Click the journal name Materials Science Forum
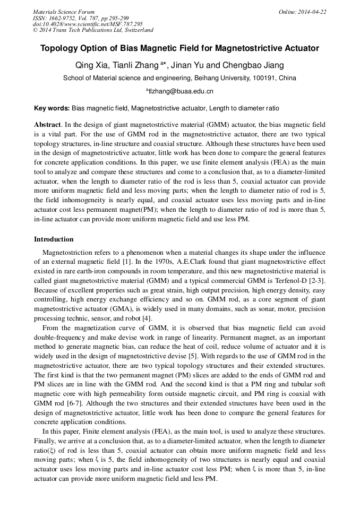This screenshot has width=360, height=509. [64, 12]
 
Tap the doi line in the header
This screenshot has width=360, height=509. [88, 24]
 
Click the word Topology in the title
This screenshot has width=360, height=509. [59, 48]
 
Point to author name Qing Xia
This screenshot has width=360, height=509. [93, 65]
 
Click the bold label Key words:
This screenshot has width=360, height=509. [52, 108]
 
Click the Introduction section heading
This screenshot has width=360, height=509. [54, 239]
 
